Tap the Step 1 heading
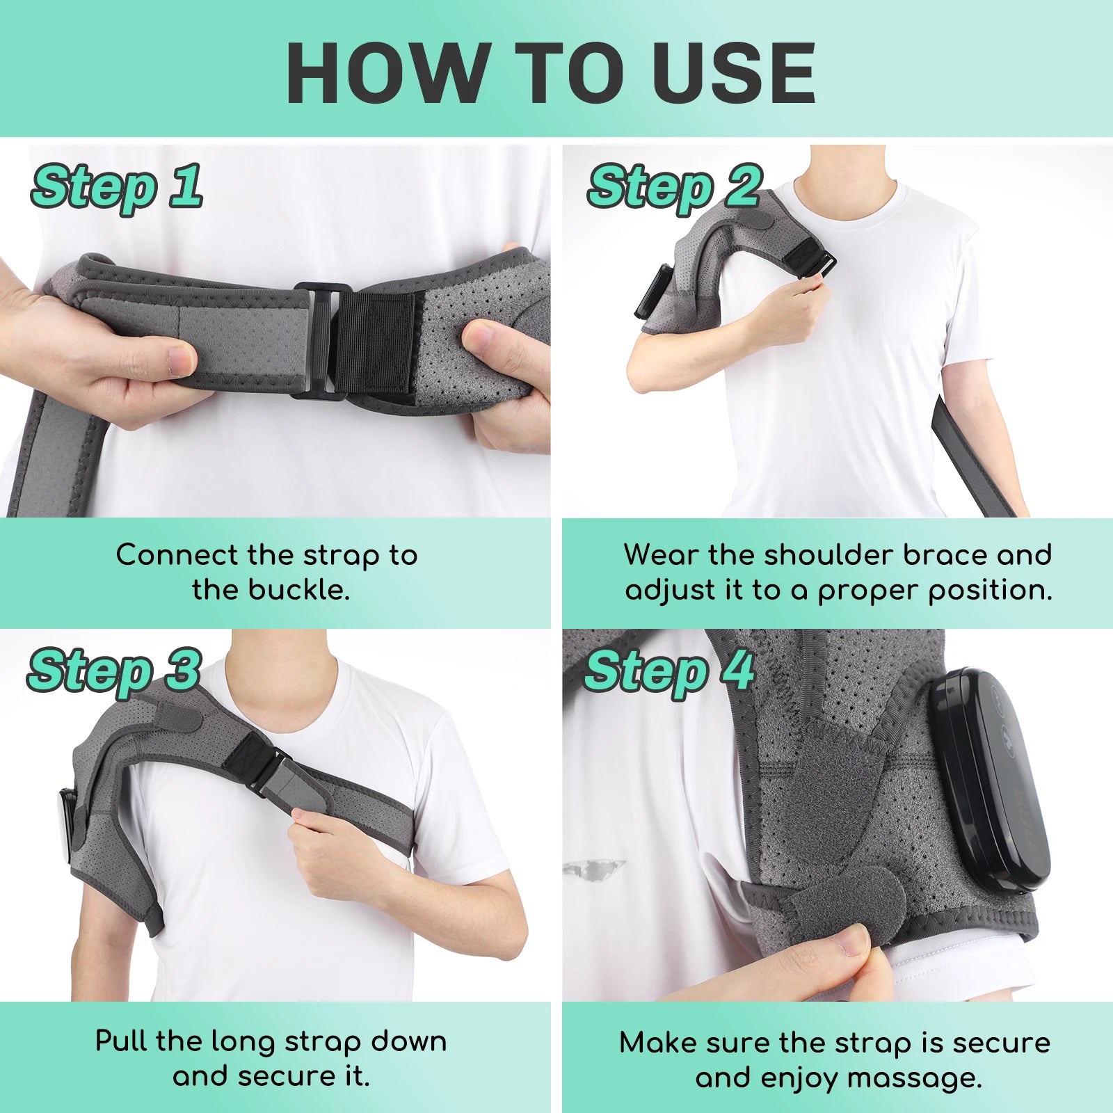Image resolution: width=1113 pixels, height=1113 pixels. [x=117, y=186]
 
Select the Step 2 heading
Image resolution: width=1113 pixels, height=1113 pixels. [x=674, y=186]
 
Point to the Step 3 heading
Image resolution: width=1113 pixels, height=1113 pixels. [x=114, y=671]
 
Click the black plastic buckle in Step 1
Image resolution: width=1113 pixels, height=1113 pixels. [x=317, y=341]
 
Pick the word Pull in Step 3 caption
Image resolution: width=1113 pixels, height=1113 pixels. [x=122, y=1041]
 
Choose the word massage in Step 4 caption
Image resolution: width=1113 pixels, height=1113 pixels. [x=914, y=1078]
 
